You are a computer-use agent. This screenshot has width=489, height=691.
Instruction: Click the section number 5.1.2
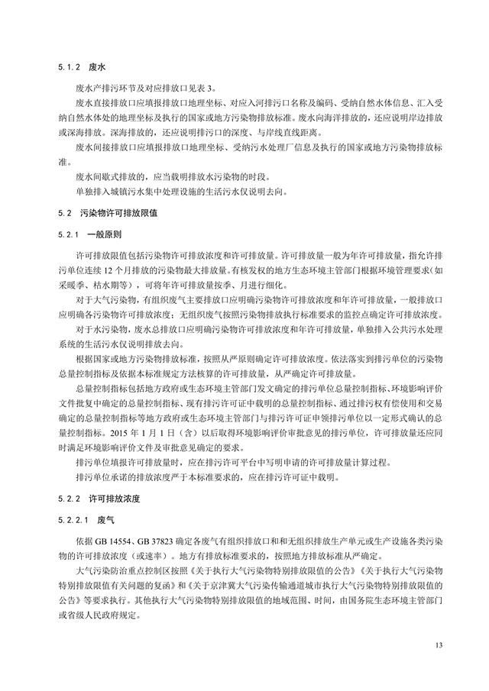tap(68, 66)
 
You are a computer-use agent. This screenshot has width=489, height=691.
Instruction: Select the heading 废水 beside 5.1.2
tap(97, 66)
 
